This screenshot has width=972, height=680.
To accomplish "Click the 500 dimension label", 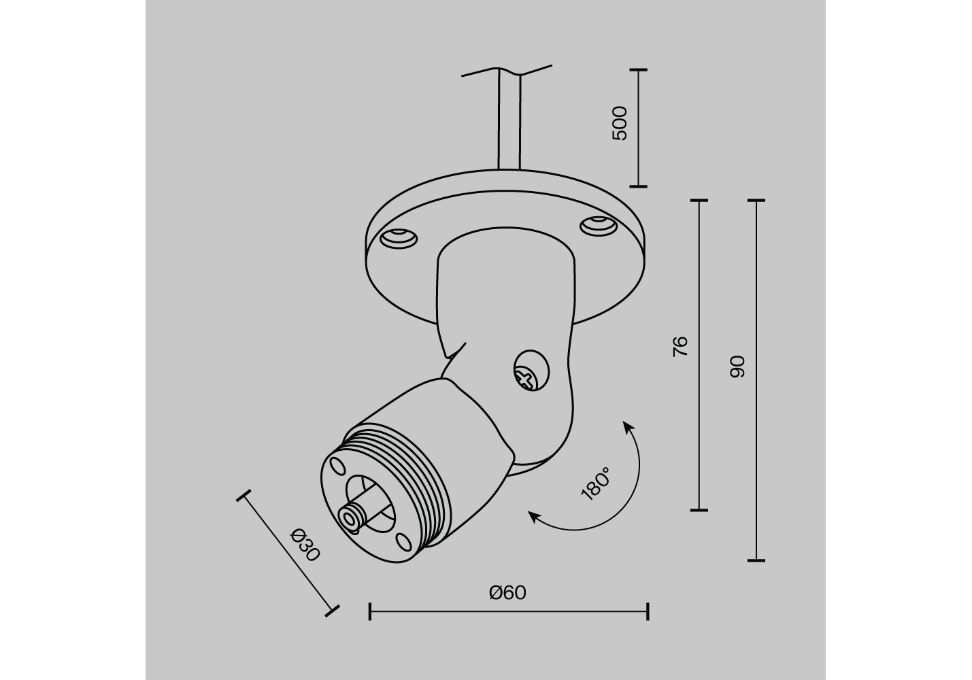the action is pyautogui.click(x=619, y=123).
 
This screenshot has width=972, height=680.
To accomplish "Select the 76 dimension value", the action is pyautogui.click(x=680, y=346).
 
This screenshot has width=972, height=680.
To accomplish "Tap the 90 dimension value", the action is pyautogui.click(x=737, y=367).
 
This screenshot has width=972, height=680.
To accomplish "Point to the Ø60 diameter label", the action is pyautogui.click(x=507, y=592).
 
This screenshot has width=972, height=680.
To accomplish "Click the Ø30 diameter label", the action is pyautogui.click(x=305, y=545).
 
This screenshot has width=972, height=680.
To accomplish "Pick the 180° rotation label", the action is pyautogui.click(x=595, y=484).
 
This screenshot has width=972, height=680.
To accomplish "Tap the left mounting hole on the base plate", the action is pyautogui.click(x=399, y=239).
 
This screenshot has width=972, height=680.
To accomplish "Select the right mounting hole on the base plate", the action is pyautogui.click(x=599, y=226).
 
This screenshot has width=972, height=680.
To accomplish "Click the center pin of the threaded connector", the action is pyautogui.click(x=350, y=517).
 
